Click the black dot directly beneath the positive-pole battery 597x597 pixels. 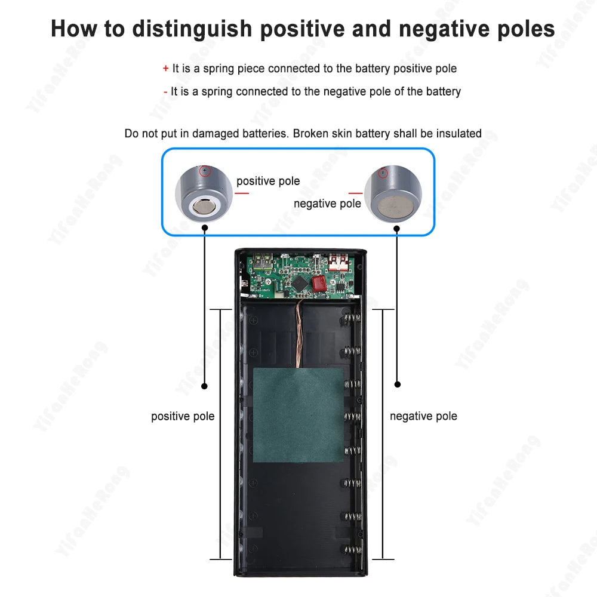205,227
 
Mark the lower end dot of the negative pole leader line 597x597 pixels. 398,384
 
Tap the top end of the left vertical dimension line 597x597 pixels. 220,309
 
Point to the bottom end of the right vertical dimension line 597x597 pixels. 383,559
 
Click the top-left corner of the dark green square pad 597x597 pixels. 254,368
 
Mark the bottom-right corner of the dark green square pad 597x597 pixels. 344,462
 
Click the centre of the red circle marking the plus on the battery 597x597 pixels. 205,171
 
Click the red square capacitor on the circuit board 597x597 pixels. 319,283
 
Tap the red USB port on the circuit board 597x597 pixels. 338,262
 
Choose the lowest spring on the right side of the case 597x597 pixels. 352,549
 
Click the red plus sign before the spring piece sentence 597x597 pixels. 165,69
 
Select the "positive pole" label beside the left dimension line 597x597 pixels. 183,417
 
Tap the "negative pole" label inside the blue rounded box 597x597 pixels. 327,204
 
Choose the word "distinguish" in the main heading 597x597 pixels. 192,29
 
